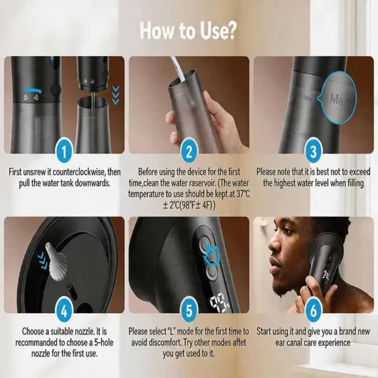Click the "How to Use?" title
coord(187,31)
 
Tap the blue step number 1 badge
coord(64,152)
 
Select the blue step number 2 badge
coord(189,152)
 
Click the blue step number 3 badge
coord(313,152)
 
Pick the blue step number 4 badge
coord(64,311)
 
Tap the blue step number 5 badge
coord(189,311)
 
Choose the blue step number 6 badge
coord(313,311)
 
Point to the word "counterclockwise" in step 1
coord(79,172)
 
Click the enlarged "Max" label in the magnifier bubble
coord(340,99)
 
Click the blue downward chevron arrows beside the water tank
coord(116,95)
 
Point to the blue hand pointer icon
coord(211,255)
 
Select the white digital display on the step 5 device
coord(219,303)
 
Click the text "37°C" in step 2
coord(243,194)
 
